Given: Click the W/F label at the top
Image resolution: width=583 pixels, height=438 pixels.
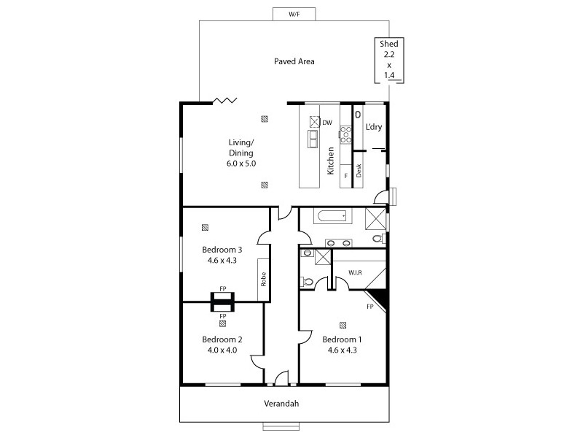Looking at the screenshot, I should [x=294, y=14].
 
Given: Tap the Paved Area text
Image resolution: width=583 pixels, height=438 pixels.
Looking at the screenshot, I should [x=294, y=61].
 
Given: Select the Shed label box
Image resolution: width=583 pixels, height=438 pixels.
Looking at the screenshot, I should [x=388, y=59].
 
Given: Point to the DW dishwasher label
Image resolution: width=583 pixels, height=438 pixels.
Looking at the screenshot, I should [x=327, y=123].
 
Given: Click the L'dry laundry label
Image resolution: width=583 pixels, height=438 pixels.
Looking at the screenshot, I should [x=373, y=127].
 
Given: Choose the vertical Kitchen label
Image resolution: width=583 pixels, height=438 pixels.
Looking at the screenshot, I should [x=331, y=161].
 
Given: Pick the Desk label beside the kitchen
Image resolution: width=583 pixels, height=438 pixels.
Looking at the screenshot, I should [x=359, y=170].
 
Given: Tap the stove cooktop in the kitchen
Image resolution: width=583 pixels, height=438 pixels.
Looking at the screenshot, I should [x=345, y=133].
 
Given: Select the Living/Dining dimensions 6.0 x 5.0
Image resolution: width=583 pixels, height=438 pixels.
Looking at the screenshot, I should [x=240, y=164].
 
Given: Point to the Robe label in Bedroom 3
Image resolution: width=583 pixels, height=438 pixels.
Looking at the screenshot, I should [x=262, y=280].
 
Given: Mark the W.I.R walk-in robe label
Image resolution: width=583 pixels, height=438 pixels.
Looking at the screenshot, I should [x=356, y=273].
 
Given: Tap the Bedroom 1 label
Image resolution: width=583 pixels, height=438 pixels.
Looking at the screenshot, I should [x=342, y=339].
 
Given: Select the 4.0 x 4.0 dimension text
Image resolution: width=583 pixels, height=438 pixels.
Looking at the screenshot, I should [x=222, y=350].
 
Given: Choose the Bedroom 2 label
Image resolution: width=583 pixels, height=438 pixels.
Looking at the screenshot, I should [x=222, y=339].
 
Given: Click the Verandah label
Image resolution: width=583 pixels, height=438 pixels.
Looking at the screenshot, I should [x=281, y=403].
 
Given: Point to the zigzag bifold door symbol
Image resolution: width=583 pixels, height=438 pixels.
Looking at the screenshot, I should [x=223, y=100].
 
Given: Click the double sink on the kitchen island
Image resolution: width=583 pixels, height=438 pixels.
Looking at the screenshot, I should [x=313, y=137].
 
